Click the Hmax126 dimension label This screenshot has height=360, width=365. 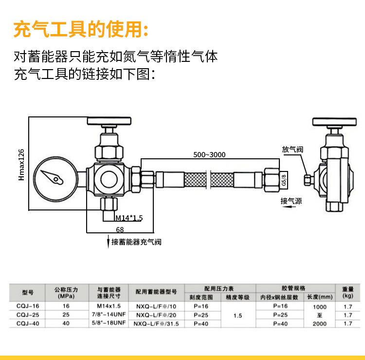[x=21, y=165]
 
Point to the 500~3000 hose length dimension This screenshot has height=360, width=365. [x=209, y=155]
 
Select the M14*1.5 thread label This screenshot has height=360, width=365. [x=129, y=218]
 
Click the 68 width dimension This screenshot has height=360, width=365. [x=120, y=230]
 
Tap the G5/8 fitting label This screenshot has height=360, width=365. [x=284, y=180]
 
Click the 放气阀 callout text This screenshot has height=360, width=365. [x=292, y=149]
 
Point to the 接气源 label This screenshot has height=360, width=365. [x=291, y=201]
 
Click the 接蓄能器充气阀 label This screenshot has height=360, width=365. [x=136, y=242]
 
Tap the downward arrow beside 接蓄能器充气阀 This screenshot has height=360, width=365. [x=108, y=242]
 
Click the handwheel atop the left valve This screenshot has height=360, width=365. [x=109, y=121]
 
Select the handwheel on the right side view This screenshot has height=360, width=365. [x=334, y=122]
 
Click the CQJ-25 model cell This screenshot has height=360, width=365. [x=28, y=315]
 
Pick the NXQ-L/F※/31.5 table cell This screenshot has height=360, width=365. [x=156, y=323]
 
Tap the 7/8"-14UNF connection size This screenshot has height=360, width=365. [x=109, y=314]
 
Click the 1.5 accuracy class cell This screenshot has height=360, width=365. [x=237, y=316]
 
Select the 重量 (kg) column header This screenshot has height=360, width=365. [x=348, y=292]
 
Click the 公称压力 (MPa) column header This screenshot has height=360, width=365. [x=66, y=293]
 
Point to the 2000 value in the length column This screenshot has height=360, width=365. [x=319, y=323]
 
